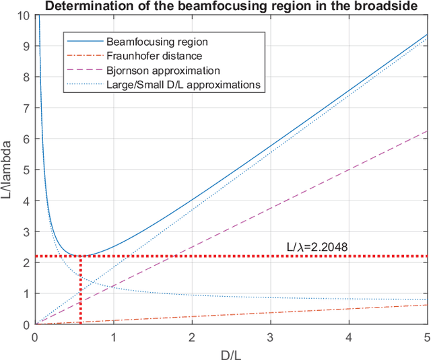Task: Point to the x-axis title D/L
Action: tap(230, 352)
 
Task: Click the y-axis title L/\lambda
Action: tap(9, 170)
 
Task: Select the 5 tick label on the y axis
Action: tap(25, 170)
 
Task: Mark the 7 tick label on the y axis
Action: tap(25, 108)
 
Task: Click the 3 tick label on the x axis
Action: tap(270, 336)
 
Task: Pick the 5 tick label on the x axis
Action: tap(427, 336)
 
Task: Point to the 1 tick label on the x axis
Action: tap(113, 336)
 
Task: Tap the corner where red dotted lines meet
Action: tap(80, 256)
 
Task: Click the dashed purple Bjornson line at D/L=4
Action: tap(349, 170)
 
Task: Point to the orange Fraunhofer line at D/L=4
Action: tap(349, 309)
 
